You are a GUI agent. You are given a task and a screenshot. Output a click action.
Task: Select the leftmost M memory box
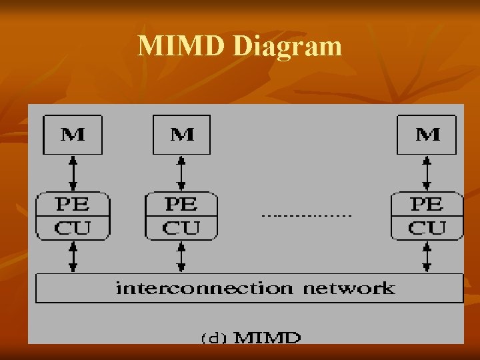point(73,135)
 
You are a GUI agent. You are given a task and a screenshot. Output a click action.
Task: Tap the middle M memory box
point(182,135)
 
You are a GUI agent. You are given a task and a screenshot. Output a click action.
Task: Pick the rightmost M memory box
point(427,135)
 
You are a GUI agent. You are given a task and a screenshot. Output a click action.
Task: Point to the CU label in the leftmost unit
point(73,229)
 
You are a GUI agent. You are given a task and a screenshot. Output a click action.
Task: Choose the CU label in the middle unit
point(181,229)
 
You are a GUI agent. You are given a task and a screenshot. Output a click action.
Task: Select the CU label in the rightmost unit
point(427,229)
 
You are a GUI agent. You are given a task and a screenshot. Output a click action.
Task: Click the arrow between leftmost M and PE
point(73,173)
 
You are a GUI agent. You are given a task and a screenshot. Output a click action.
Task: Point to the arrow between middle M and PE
point(181,173)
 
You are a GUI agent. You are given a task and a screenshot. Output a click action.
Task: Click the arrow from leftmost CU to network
point(73,257)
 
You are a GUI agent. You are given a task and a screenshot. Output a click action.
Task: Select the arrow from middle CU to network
point(181,257)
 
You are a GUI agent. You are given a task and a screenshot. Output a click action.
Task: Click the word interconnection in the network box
point(204,288)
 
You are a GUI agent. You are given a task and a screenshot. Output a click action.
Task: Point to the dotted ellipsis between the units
point(306,216)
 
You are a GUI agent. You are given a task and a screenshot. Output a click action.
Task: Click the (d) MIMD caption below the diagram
point(251,337)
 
